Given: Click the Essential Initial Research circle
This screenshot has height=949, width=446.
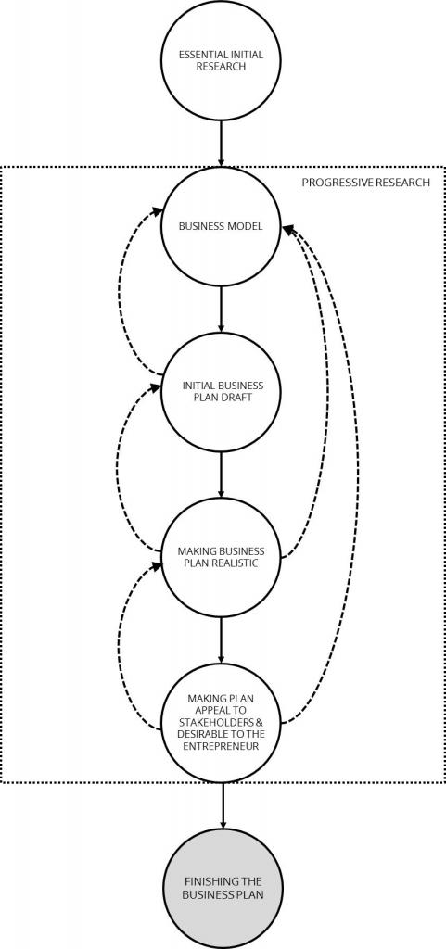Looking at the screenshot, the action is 221,60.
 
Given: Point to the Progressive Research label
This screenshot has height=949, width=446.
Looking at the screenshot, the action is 365,182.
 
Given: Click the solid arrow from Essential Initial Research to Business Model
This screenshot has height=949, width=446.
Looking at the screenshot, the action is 221,144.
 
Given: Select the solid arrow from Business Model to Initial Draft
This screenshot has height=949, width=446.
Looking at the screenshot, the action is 221,310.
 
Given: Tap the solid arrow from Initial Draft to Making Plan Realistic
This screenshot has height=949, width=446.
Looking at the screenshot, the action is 221,474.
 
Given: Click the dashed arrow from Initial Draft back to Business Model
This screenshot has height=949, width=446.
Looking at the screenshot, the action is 120,290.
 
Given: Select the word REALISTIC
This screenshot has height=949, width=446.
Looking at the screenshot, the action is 237,563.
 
